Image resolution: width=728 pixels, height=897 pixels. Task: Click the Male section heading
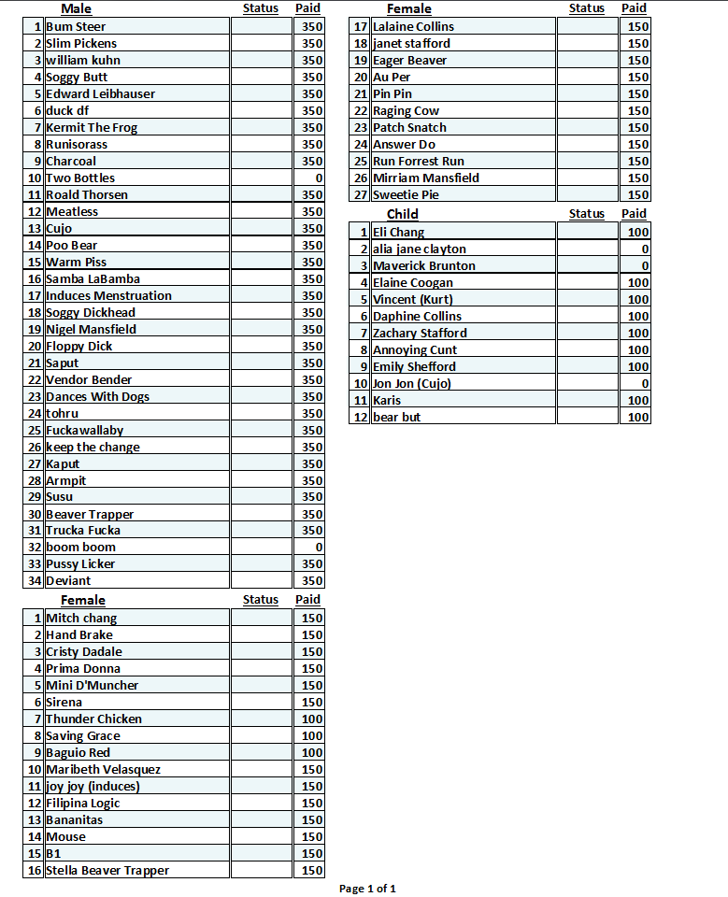pos(76,8)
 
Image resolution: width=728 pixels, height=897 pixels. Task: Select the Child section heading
pos(402,214)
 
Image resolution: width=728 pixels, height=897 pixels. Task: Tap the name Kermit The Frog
pos(92,128)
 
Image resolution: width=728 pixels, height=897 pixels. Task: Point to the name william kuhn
pos(83,61)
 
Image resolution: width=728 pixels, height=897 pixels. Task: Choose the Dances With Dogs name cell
pos(97,397)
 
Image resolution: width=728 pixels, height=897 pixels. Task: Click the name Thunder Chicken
pos(94,719)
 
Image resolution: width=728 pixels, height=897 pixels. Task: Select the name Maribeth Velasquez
pos(104,770)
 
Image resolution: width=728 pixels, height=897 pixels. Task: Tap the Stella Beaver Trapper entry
pos(107,871)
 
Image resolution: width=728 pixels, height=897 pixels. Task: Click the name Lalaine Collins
pos(413,27)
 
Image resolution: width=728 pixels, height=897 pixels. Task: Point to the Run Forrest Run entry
pos(418,162)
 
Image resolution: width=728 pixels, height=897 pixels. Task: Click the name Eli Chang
pos(398,233)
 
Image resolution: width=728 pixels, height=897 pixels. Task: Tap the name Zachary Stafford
pos(420,334)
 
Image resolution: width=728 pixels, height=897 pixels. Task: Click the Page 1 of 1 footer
pos(367,889)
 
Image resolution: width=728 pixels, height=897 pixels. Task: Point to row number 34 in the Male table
pos(35,581)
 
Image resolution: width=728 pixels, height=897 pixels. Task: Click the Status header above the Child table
pos(586,214)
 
